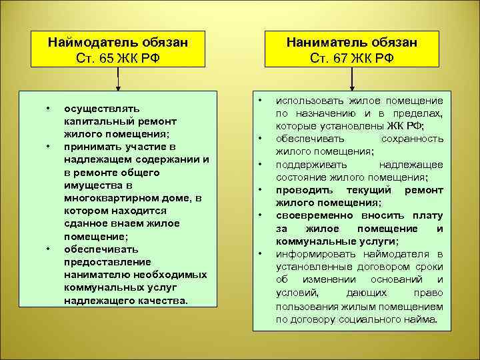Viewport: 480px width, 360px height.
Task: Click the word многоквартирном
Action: point(106,199)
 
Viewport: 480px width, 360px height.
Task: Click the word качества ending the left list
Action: point(164,300)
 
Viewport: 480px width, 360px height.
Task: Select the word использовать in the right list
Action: point(307,101)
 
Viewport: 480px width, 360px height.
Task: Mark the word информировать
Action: point(311,253)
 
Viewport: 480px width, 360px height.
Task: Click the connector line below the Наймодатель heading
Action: point(118,79)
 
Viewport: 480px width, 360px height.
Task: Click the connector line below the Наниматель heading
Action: point(353,79)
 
